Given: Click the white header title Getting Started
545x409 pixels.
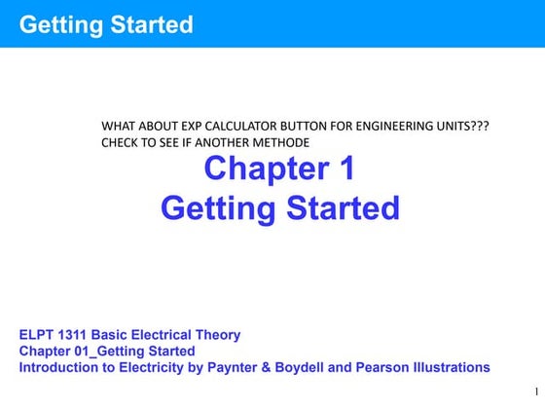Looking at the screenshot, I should (x=106, y=24).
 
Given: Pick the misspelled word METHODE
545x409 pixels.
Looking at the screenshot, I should (x=282, y=143).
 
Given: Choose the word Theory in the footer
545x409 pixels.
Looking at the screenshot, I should (x=214, y=335).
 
